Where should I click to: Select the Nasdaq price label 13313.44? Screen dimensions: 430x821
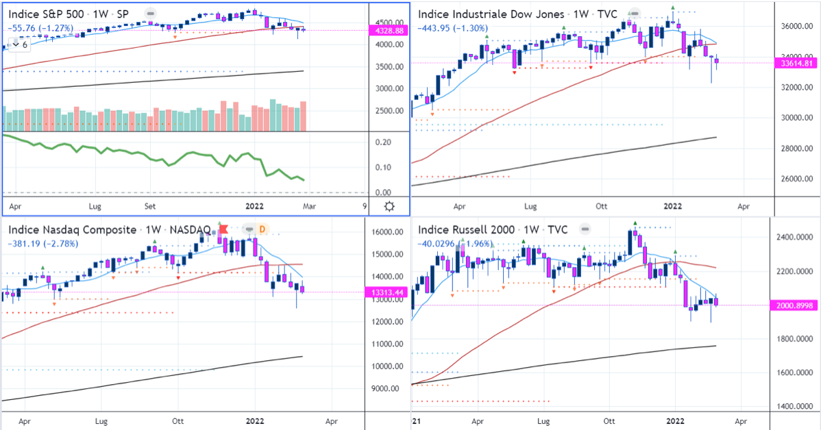pyautogui.click(x=388, y=292)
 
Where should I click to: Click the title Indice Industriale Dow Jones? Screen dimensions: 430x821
pyautogui.click(x=491, y=14)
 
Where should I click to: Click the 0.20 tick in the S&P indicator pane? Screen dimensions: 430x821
pyautogui.click(x=382, y=142)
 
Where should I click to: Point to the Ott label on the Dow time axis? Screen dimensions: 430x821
pyautogui.click(x=602, y=205)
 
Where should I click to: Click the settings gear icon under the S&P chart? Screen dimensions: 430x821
pyautogui.click(x=389, y=206)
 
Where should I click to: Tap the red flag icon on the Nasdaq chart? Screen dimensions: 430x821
pyautogui.click(x=222, y=229)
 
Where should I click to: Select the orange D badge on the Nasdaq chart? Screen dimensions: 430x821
pyautogui.click(x=263, y=229)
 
